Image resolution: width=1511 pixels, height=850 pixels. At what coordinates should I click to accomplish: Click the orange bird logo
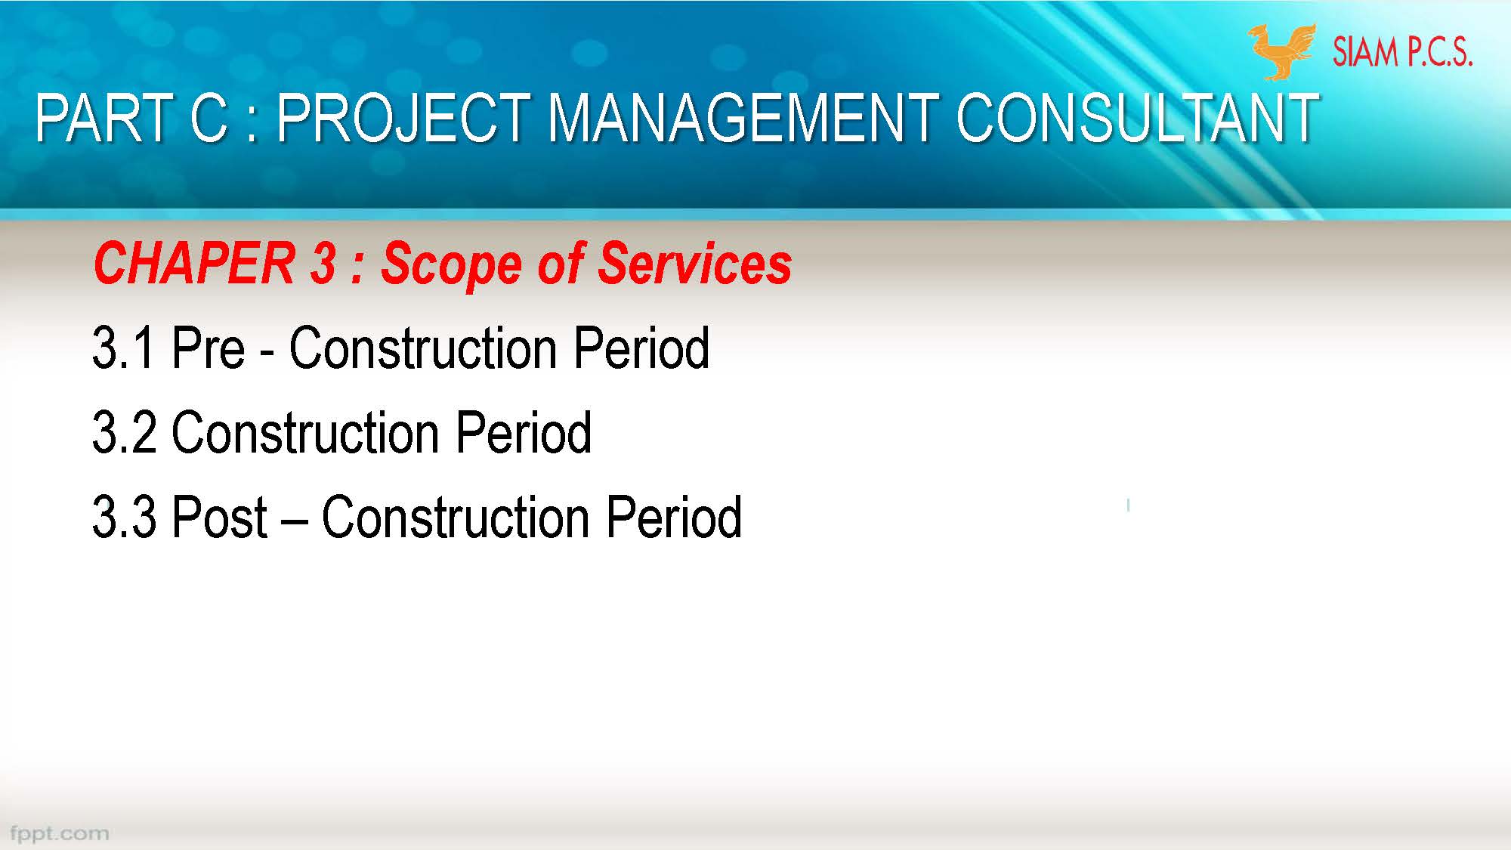pyautogui.click(x=1281, y=51)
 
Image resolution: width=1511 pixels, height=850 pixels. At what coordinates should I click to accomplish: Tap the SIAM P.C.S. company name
pyautogui.click(x=1402, y=52)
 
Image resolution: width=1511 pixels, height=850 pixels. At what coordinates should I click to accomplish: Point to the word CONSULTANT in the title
pyautogui.click(x=1137, y=119)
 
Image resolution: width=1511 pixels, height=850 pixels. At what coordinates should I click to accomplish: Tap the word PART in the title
pyautogui.click(x=105, y=119)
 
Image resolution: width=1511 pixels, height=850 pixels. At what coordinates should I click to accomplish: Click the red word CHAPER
pyautogui.click(x=193, y=264)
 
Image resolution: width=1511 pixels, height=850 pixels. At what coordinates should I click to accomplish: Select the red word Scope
pyautogui.click(x=451, y=265)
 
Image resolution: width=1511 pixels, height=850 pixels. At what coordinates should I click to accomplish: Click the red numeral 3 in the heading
pyautogui.click(x=323, y=264)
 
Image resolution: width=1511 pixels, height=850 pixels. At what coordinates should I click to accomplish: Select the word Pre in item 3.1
pyautogui.click(x=209, y=348)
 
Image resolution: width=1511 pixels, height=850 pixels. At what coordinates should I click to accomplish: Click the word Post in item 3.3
pyautogui.click(x=220, y=518)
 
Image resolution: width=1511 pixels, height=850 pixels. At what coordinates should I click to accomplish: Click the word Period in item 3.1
pyautogui.click(x=641, y=348)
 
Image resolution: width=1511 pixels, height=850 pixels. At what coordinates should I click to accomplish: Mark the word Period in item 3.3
pyautogui.click(x=674, y=518)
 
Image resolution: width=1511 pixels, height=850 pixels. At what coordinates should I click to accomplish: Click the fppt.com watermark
pyautogui.click(x=59, y=833)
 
